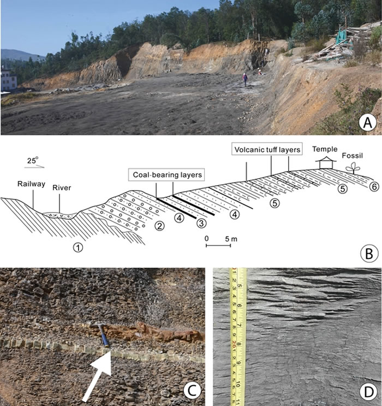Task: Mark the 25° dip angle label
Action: [33, 161]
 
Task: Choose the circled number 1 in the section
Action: [79, 247]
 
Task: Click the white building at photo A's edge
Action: [8, 80]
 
